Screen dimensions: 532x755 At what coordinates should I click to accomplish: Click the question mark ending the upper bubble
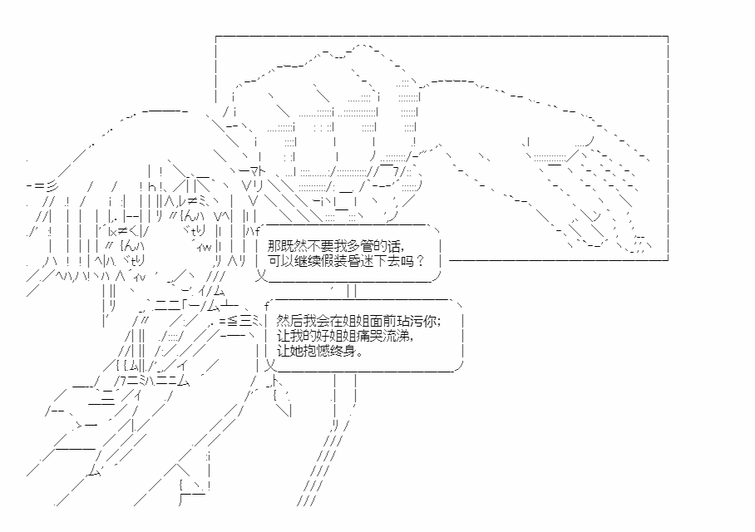point(421,261)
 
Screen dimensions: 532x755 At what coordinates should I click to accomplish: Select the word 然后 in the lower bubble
point(289,321)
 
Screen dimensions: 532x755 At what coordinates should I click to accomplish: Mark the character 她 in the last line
point(295,351)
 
